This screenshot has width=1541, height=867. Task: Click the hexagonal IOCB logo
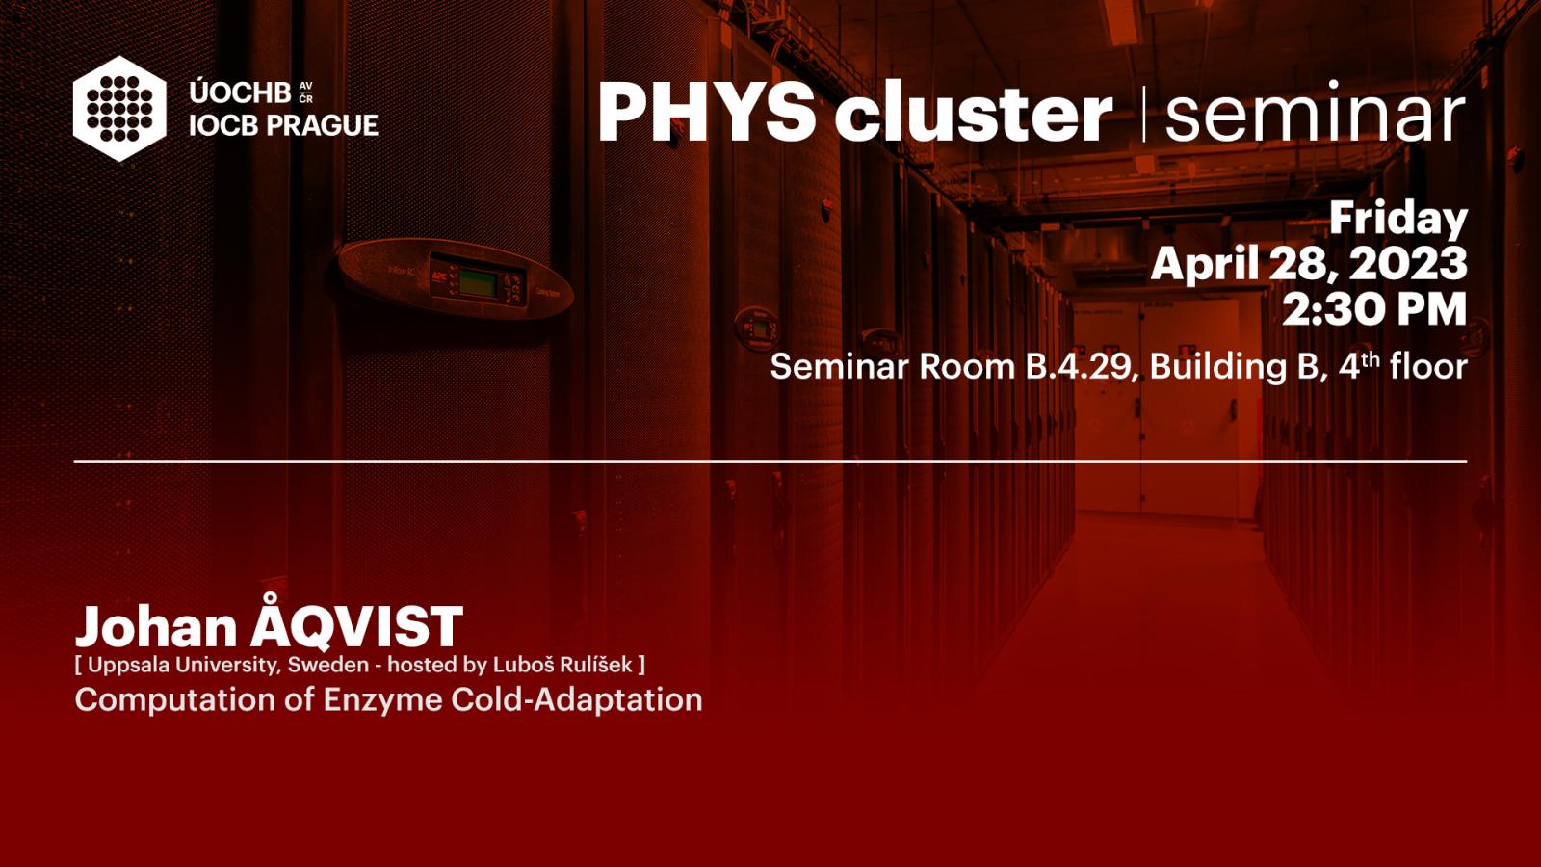[x=119, y=109]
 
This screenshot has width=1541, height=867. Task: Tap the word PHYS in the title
[x=707, y=112]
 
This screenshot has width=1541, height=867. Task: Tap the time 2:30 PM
[x=1373, y=309]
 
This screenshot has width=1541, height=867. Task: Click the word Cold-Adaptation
[x=577, y=699]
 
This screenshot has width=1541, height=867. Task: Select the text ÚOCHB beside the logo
[x=240, y=92]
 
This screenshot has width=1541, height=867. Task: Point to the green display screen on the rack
[x=478, y=283]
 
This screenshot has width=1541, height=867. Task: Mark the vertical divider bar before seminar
[x=1143, y=114]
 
